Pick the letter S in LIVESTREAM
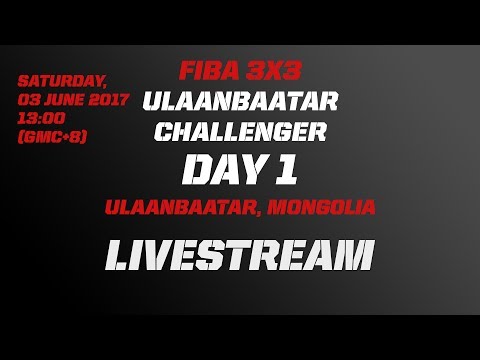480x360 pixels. coord(217,257)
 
